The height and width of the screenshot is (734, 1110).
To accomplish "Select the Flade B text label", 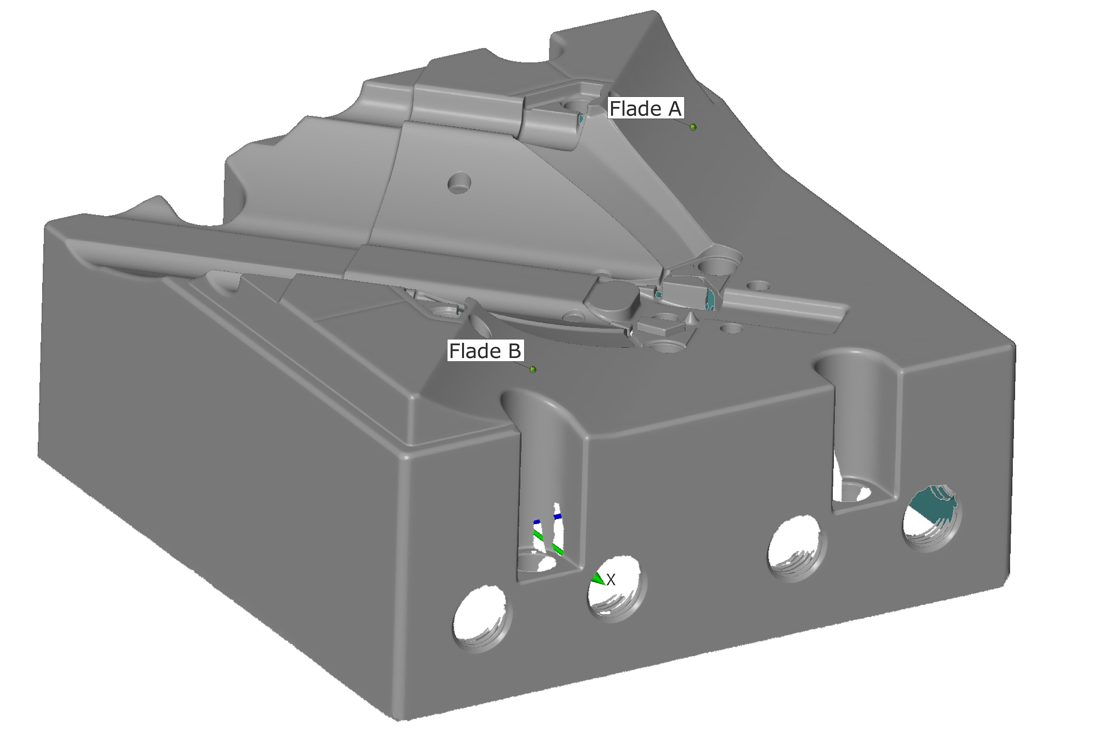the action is point(485,350).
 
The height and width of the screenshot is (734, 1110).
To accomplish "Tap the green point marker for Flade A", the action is point(693,127).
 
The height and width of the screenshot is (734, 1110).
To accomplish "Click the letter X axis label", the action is point(611,581).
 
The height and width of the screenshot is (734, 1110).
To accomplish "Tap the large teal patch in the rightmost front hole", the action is point(931,506).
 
